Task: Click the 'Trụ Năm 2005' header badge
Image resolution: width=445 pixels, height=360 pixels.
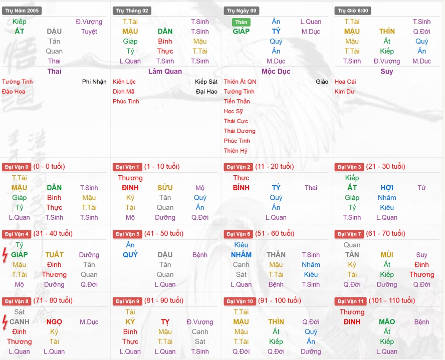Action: [22, 11]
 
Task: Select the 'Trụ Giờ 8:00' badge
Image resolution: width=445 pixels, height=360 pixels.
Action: [353, 11]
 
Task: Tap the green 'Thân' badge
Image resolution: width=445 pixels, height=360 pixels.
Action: [241, 22]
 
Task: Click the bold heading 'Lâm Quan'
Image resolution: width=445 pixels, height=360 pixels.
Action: [165, 71]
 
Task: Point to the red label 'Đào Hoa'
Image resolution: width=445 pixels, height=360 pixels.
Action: [13, 92]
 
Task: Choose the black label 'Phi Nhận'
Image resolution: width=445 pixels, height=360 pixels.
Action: [94, 82]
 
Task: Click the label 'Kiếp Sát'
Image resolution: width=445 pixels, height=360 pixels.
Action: [206, 82]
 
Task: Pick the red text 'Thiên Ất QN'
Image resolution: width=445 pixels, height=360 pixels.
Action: [240, 82]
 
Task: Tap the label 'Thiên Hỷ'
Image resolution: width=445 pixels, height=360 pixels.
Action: [235, 151]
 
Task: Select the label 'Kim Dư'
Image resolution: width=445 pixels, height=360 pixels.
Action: [344, 92]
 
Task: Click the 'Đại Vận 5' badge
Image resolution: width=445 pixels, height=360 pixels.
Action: [127, 234]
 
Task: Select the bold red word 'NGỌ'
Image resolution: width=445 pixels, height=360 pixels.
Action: [54, 322]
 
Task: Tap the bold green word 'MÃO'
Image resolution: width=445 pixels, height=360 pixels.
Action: [387, 322]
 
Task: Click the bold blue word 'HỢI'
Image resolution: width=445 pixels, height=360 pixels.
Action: [387, 188]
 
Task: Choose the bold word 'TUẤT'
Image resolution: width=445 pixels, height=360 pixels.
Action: [54, 255]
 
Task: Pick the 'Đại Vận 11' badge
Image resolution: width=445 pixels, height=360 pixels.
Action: [350, 301]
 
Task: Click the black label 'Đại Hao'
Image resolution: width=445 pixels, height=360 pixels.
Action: [206, 92]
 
